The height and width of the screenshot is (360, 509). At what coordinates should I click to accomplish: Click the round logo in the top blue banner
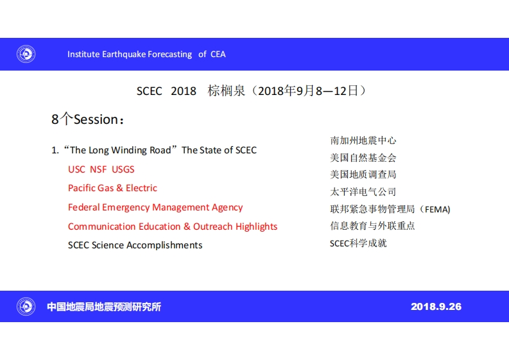click(26, 54)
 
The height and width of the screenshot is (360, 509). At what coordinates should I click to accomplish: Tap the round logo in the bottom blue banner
click(26, 306)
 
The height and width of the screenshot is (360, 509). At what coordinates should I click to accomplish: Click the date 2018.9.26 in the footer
click(436, 307)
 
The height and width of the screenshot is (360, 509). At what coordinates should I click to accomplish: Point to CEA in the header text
click(218, 54)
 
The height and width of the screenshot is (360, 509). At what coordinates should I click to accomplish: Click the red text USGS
click(123, 169)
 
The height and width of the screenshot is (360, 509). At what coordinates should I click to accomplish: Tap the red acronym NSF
click(98, 169)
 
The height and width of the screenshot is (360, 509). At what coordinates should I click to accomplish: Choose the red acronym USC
click(76, 169)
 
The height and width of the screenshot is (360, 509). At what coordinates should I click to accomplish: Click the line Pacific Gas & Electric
click(112, 188)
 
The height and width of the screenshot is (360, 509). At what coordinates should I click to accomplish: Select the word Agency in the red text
click(227, 207)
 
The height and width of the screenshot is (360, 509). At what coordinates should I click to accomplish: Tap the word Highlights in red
click(257, 227)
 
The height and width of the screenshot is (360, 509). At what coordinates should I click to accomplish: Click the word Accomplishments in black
click(164, 245)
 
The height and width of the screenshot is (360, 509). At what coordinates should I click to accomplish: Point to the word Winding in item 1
click(129, 150)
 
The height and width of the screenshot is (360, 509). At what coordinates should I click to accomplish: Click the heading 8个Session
click(88, 119)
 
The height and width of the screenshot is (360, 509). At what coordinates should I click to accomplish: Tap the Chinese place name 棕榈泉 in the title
click(227, 90)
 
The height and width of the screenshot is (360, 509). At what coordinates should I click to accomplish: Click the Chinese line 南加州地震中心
click(363, 141)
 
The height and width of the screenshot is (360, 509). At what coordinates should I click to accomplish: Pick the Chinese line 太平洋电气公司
click(363, 191)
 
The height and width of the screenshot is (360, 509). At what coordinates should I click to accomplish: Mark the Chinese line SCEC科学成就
click(358, 243)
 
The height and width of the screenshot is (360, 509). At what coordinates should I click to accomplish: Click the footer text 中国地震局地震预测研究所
click(104, 307)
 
